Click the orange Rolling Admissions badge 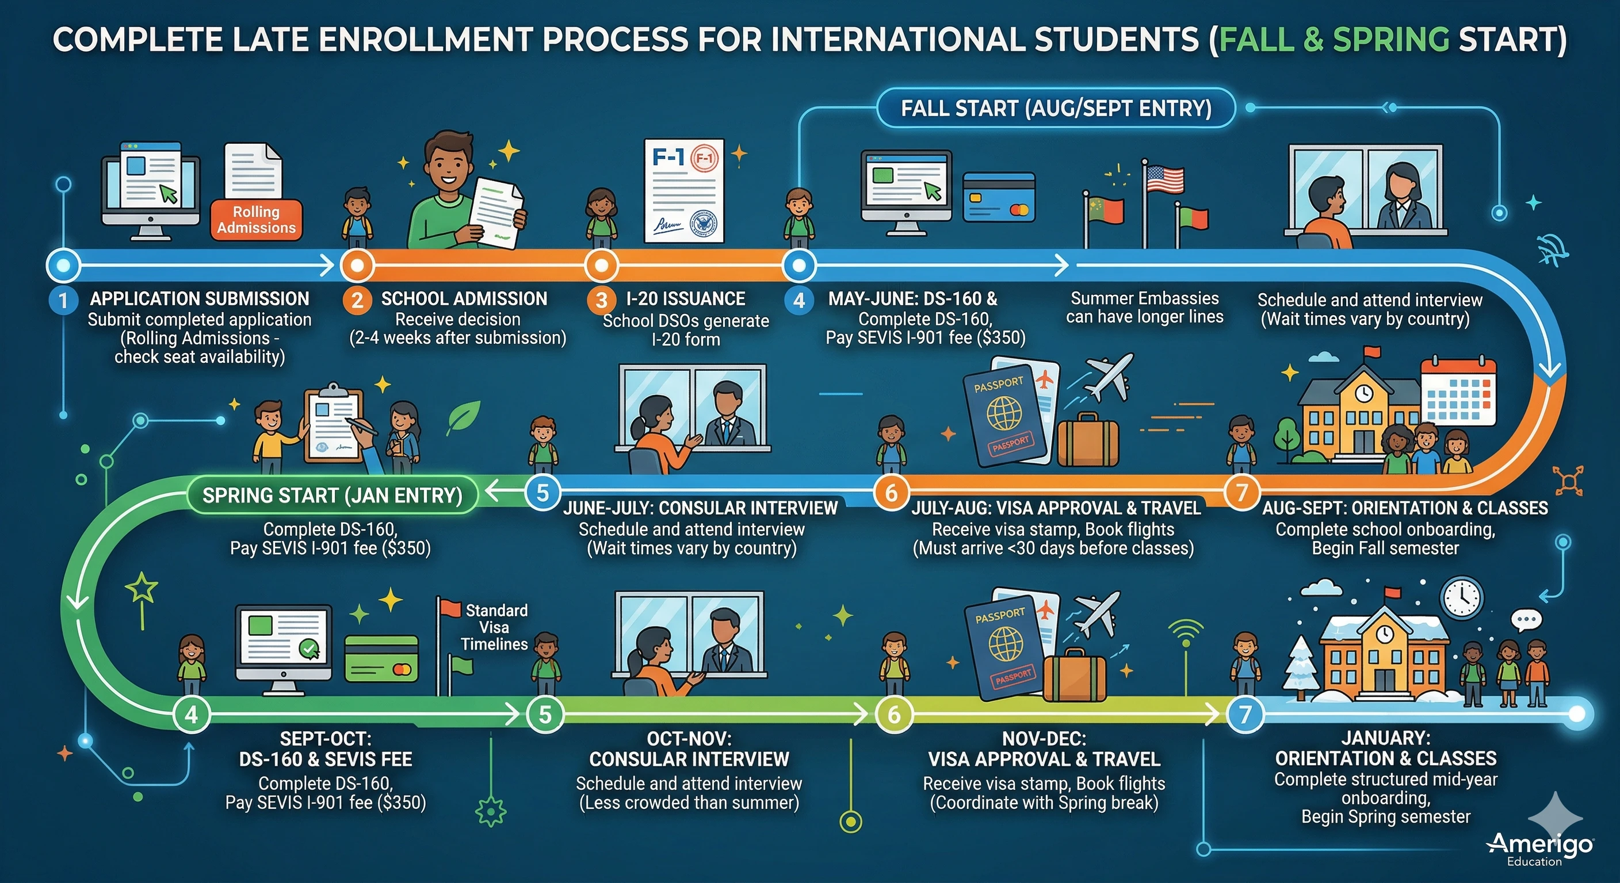coord(256,220)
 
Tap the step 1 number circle coord(63,301)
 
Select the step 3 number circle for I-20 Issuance coord(601,301)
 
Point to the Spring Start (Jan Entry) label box coord(332,495)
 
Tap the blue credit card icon coord(999,197)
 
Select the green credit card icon coord(381,659)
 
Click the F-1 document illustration coord(684,190)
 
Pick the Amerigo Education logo coord(1539,848)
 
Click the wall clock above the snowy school coord(1462,597)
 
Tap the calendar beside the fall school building coord(1458,391)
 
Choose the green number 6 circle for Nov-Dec coord(893,715)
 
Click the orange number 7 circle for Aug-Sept coord(1242,492)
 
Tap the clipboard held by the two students coord(333,425)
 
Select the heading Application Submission coord(200,298)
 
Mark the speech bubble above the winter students coord(1526,620)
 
